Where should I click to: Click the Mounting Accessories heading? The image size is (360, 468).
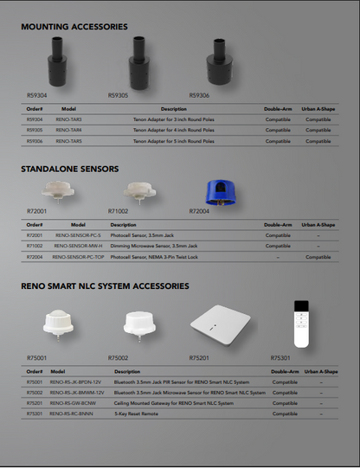pos(74,27)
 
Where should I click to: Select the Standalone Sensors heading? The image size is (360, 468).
pos(69,169)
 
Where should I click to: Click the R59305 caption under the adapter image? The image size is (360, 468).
pos(118,96)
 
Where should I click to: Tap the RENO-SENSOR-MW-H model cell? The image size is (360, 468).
pos(78,246)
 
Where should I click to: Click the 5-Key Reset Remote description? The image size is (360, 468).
pos(133,414)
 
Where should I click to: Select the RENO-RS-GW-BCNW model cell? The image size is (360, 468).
pos(73,403)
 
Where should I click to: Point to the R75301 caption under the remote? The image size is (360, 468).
pos(280,357)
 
